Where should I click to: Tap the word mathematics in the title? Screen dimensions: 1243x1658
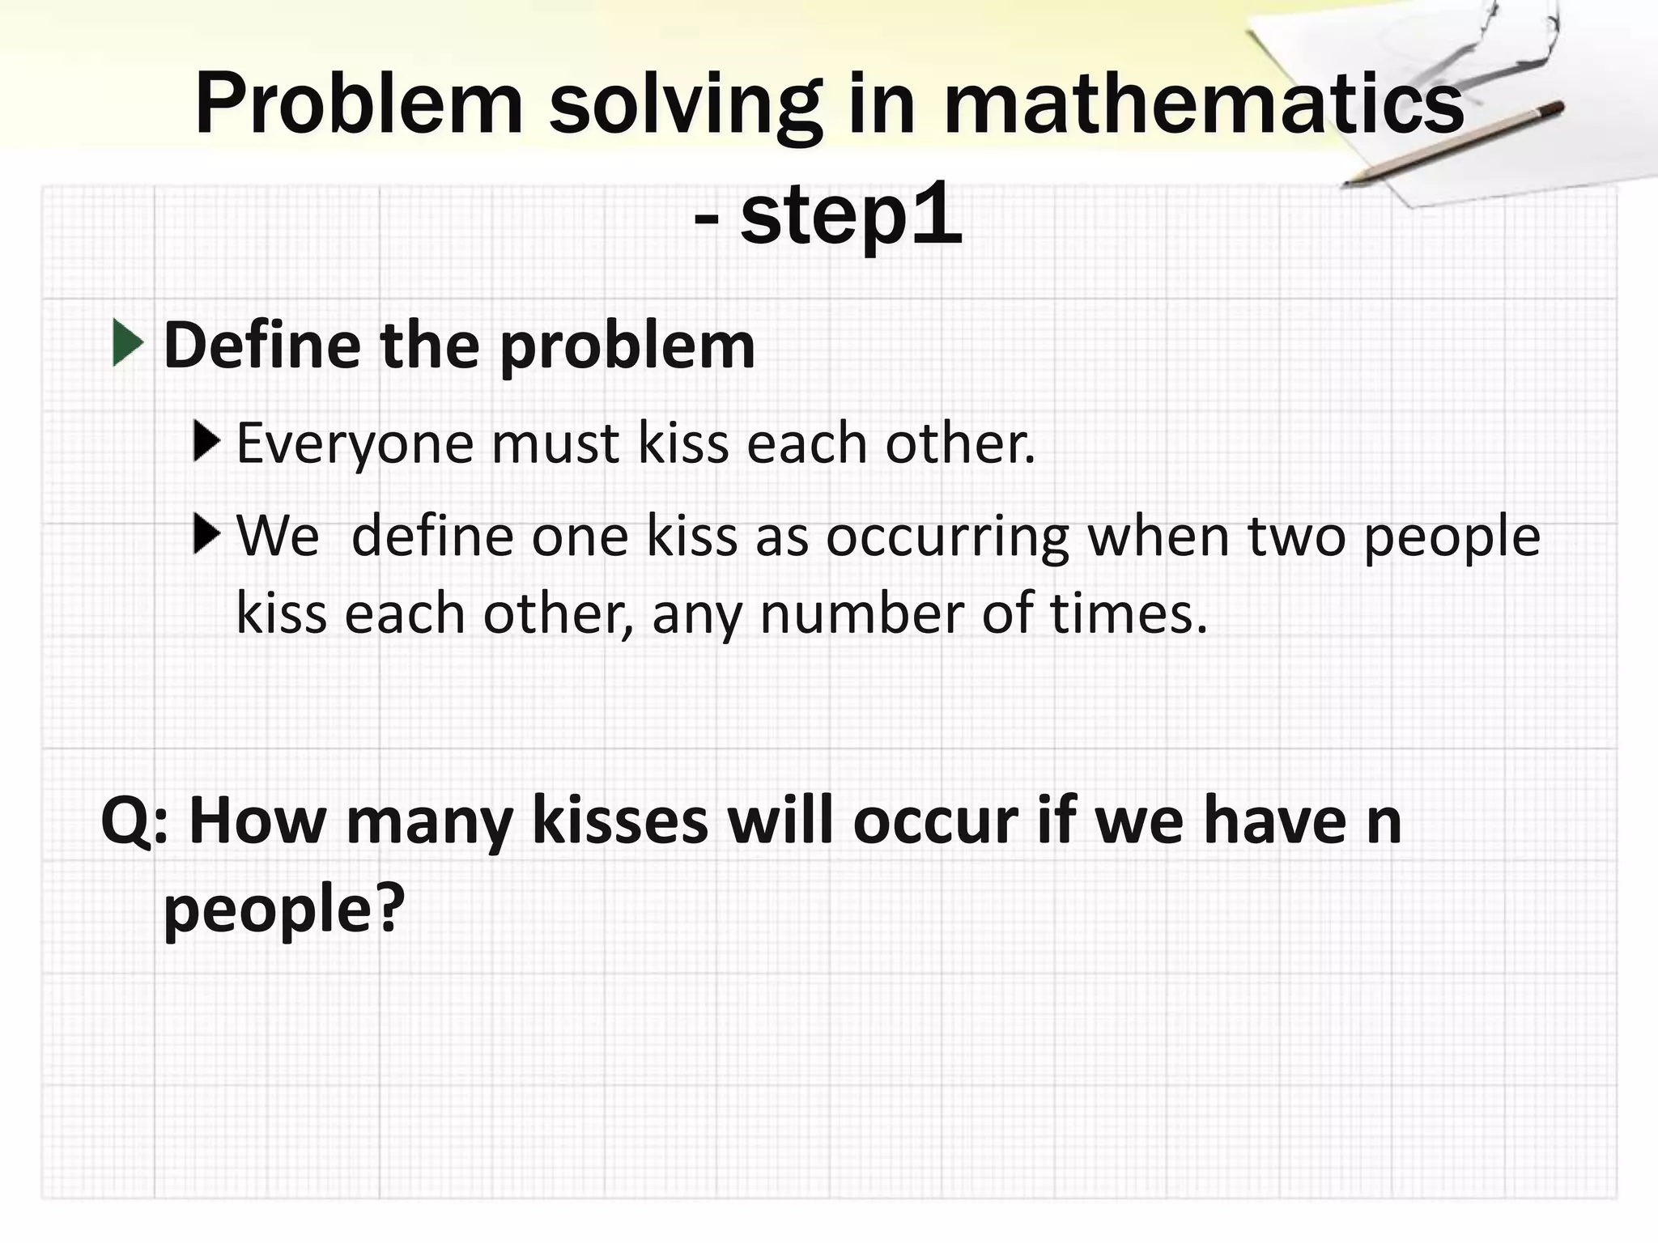1204,104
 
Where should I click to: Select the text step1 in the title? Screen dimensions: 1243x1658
851,216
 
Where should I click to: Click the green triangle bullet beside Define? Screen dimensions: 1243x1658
128,343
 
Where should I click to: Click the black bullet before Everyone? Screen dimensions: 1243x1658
207,442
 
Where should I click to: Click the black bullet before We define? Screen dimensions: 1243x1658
207,534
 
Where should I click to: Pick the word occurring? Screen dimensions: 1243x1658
946,537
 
